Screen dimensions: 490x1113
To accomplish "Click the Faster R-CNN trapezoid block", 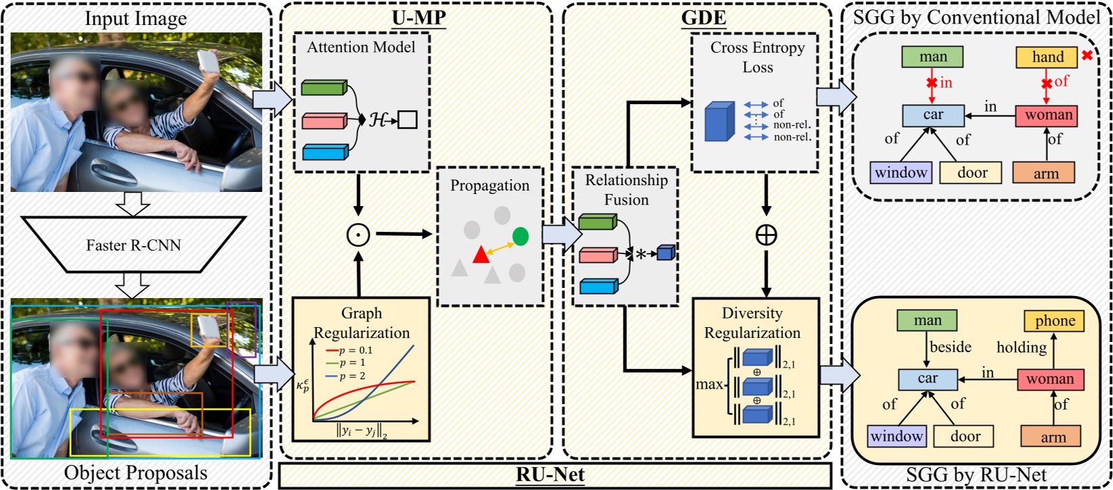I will coord(133,245).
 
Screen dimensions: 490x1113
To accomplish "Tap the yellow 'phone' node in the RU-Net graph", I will coord(1054,321).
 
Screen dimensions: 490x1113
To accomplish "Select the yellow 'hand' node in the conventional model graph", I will coord(1047,57).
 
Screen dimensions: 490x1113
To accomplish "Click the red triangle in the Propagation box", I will coord(481,255).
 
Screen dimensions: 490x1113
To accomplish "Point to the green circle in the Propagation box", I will coord(520,236).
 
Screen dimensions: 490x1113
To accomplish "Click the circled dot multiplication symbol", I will coord(358,235).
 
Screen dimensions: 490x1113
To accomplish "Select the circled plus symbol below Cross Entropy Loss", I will coord(766,235).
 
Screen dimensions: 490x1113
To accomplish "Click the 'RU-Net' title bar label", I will coord(550,474).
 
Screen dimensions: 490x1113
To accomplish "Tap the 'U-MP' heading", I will coord(419,18).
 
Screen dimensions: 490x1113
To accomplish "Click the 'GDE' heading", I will coord(703,18).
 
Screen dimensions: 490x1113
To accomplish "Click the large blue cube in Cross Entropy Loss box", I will coord(719,122).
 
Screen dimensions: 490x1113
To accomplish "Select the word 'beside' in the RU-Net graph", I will coord(950,347).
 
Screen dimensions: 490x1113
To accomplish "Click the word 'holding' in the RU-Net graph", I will coord(1021,347).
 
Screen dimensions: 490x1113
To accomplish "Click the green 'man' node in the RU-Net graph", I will coord(927,321).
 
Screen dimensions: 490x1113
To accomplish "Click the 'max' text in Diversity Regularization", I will coord(709,385).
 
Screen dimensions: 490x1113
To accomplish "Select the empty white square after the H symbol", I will coord(407,120).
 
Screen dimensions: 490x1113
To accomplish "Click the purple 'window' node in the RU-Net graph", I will coord(897,437).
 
